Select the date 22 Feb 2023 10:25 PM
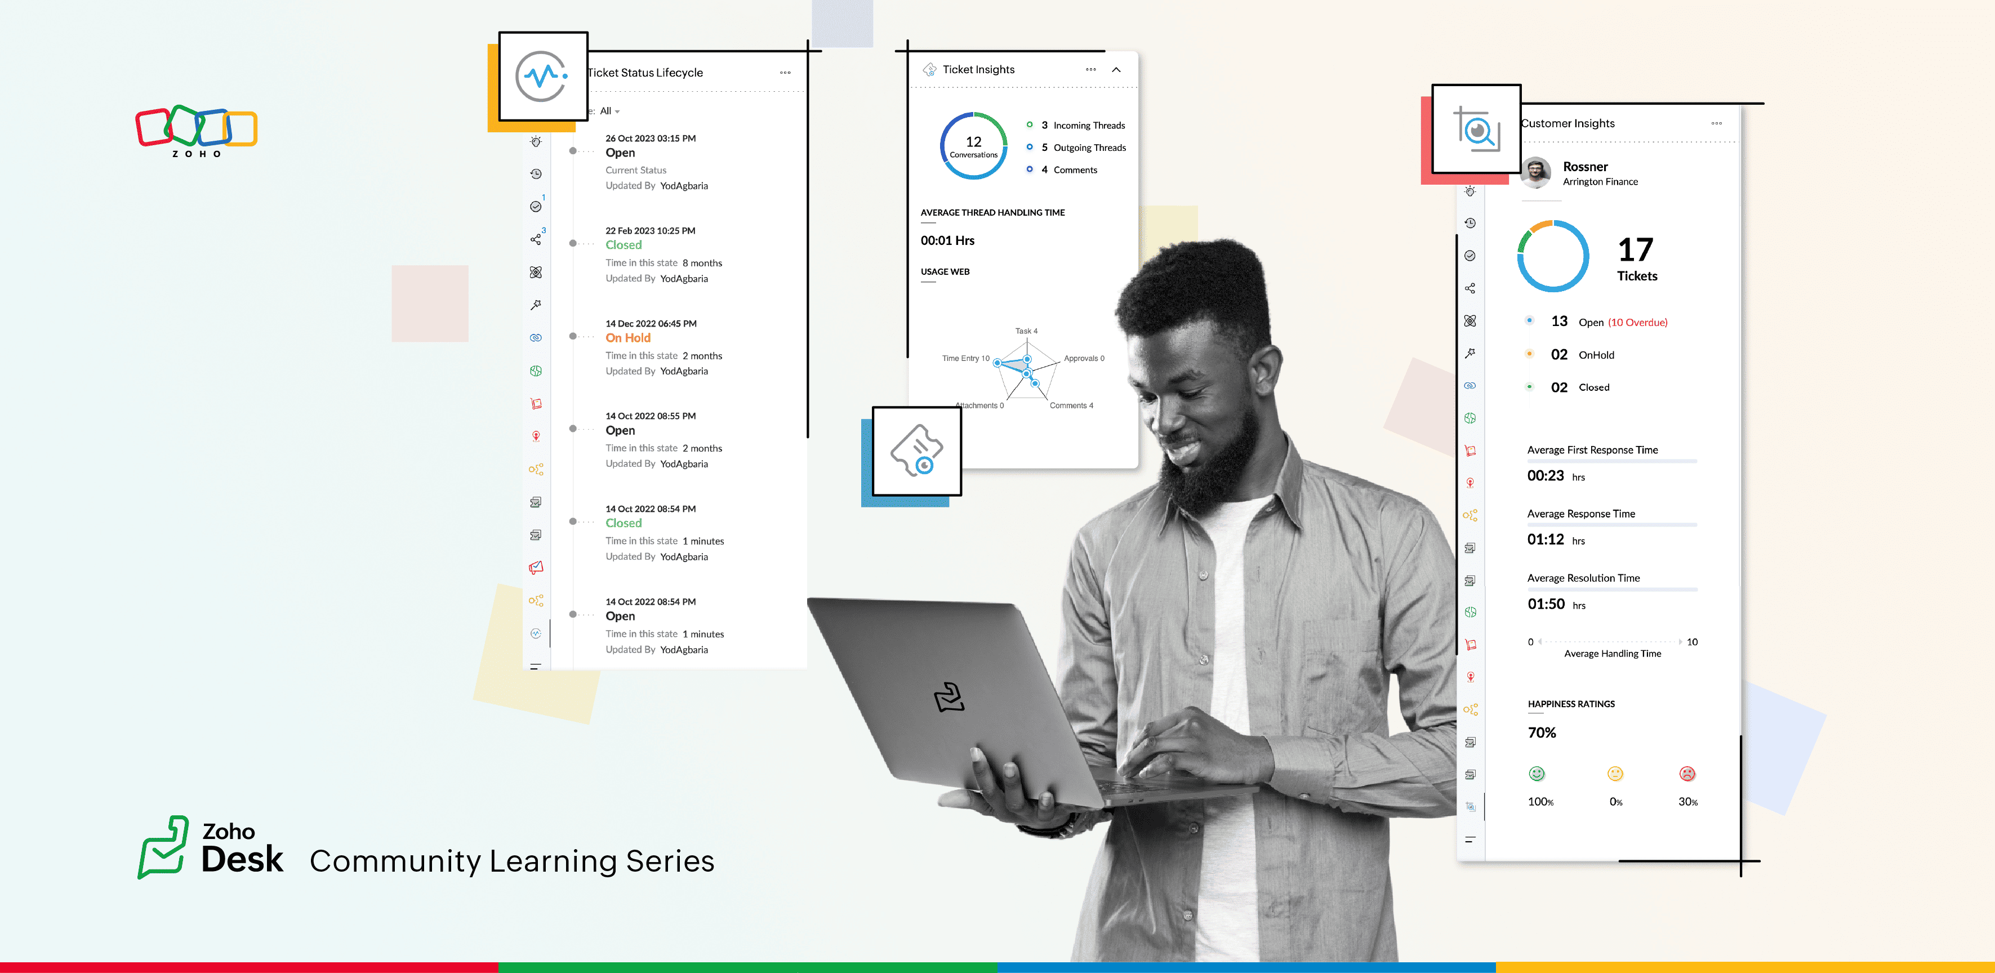click(651, 231)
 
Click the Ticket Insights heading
click(978, 70)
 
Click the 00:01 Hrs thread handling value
click(947, 241)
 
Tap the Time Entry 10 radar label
click(965, 358)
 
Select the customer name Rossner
click(1586, 167)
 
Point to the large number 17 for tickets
click(1636, 250)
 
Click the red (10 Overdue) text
click(1637, 323)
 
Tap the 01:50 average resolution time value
click(1546, 604)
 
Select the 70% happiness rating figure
click(1541, 732)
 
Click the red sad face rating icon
click(1687, 773)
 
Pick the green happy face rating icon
click(1537, 773)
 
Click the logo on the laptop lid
click(948, 697)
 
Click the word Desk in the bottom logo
click(242, 859)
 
